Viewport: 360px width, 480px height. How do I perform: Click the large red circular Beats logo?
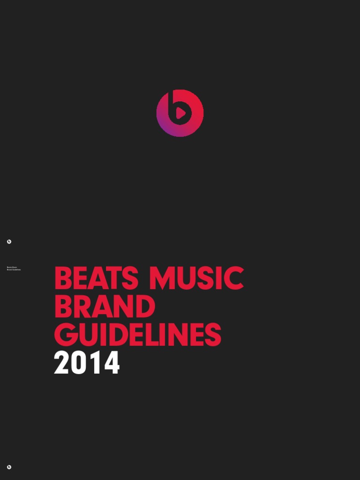coord(180,113)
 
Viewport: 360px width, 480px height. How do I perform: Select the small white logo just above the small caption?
coord(9,242)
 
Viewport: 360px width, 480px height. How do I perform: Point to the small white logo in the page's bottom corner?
coord(9,467)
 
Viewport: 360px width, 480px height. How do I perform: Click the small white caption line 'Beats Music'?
coord(12,268)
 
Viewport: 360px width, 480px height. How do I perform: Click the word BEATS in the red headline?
coord(96,278)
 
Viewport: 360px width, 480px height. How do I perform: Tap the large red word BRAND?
coord(105,307)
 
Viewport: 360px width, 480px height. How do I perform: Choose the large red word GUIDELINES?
coord(137,335)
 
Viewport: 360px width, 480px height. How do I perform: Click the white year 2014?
coord(87,364)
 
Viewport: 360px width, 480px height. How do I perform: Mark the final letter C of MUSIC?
coord(234,278)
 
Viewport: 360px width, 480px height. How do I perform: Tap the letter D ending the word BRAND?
coord(145,307)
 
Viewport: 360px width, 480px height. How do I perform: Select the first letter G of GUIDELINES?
coord(65,335)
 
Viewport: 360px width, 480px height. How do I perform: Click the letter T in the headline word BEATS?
coord(112,278)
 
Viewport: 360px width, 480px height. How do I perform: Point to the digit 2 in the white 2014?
coord(62,364)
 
